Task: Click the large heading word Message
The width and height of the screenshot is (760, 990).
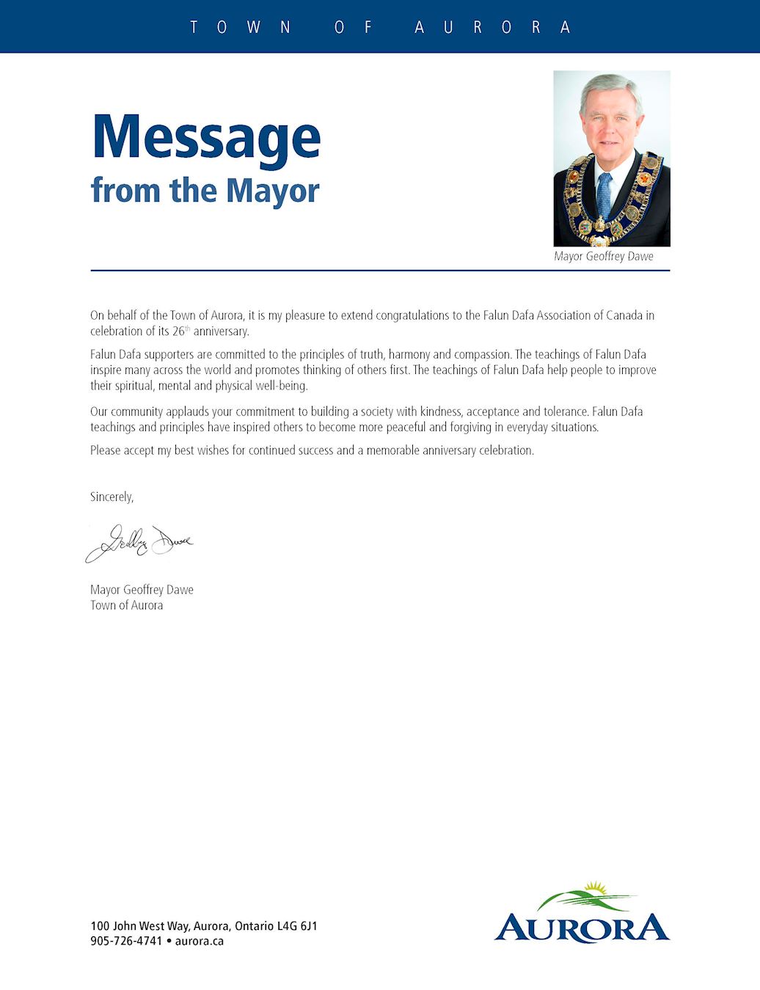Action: [206, 138]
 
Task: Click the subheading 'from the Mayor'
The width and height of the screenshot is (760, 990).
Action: [205, 191]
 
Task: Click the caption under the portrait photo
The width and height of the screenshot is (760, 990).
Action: [603, 257]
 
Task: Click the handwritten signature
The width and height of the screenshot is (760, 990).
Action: [139, 543]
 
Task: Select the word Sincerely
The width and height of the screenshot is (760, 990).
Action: [112, 497]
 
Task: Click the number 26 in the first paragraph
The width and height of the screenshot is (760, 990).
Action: [178, 331]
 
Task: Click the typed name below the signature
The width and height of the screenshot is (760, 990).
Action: [142, 590]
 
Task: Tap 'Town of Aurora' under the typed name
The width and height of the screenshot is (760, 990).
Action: [126, 606]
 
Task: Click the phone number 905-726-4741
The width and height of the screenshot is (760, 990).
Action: [126, 941]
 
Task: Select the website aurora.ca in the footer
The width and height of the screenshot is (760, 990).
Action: [199, 941]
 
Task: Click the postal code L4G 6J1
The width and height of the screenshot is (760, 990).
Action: [297, 926]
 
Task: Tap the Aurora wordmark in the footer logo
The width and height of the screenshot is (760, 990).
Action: [582, 928]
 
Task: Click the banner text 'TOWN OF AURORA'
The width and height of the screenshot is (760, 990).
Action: [380, 27]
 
